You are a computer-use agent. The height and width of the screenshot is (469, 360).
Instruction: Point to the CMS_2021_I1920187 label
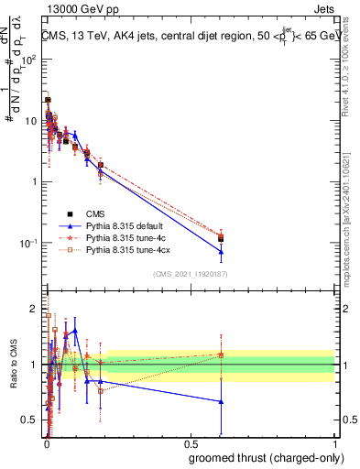[x=191, y=274]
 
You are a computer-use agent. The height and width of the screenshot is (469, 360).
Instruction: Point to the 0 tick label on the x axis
[x=47, y=443]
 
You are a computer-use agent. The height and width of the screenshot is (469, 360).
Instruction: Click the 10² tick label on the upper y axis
[x=29, y=60]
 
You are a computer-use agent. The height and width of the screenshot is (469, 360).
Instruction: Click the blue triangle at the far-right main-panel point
[x=221, y=252]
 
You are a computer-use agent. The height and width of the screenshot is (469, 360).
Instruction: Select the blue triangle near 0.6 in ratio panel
[x=221, y=401]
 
